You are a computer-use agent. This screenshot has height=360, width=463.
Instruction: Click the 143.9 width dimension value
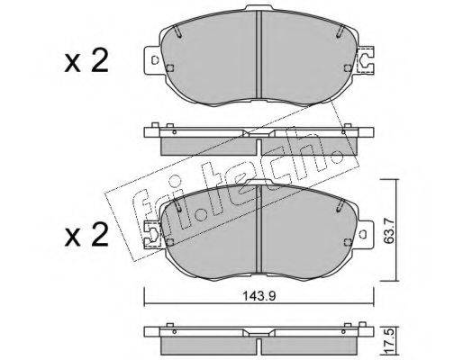[259, 296]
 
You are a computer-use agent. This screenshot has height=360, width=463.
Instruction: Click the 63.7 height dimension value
[389, 230]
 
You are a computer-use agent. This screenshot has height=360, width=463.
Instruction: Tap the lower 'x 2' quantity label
[86, 235]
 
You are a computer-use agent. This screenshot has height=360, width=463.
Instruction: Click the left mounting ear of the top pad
[154, 60]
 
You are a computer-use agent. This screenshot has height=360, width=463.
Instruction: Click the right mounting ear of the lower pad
[365, 235]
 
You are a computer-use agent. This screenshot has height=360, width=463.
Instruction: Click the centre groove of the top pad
[259, 55]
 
